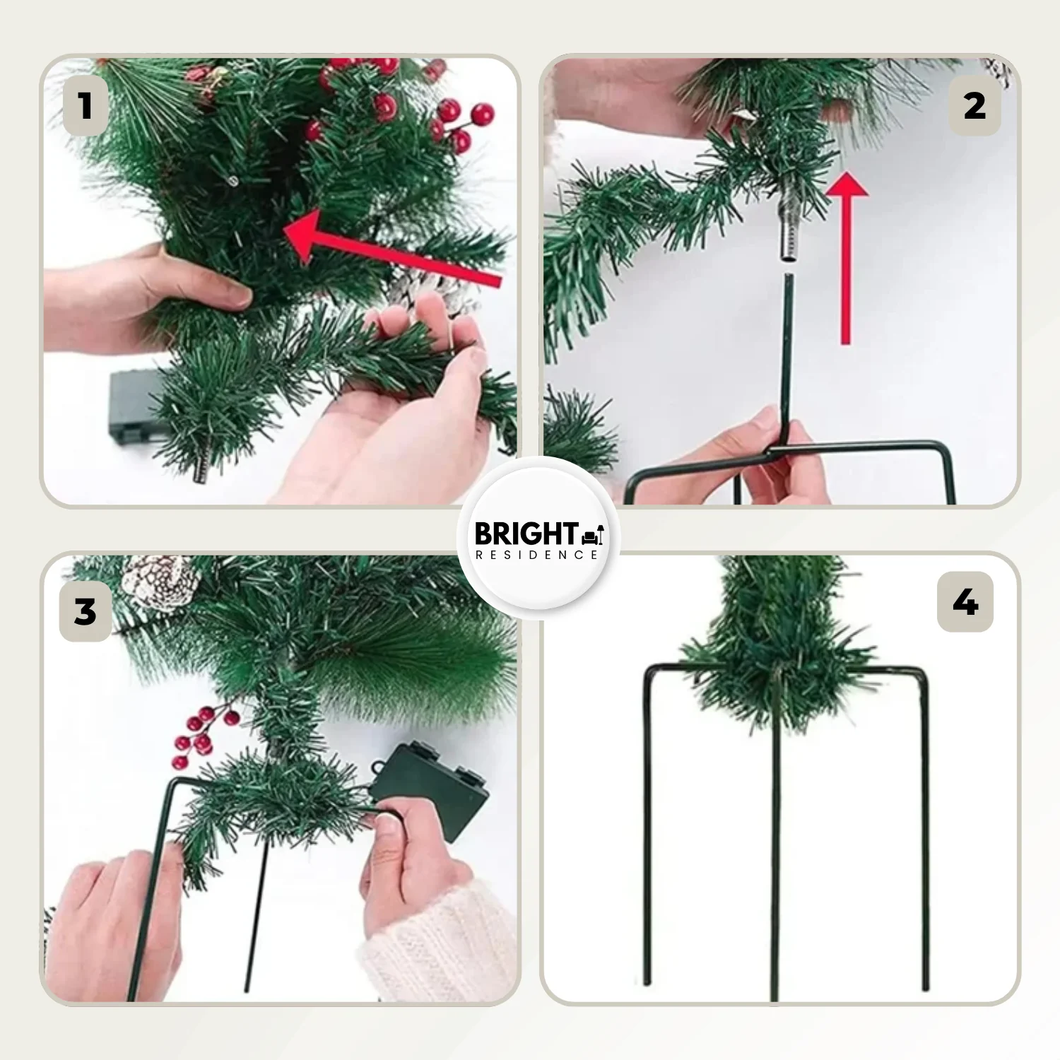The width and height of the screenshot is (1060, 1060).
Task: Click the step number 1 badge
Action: pyautogui.click(x=86, y=106)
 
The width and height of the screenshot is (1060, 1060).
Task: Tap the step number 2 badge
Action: pyautogui.click(x=974, y=106)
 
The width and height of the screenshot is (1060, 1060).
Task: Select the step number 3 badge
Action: pyautogui.click(x=86, y=611)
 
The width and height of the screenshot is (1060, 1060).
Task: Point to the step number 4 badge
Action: pyautogui.click(x=965, y=602)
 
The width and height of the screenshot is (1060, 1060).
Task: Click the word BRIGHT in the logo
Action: pyautogui.click(x=526, y=534)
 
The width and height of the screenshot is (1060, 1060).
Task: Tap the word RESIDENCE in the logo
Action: pyautogui.click(x=537, y=555)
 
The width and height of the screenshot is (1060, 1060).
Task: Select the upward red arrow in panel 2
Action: pyautogui.click(x=847, y=258)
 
